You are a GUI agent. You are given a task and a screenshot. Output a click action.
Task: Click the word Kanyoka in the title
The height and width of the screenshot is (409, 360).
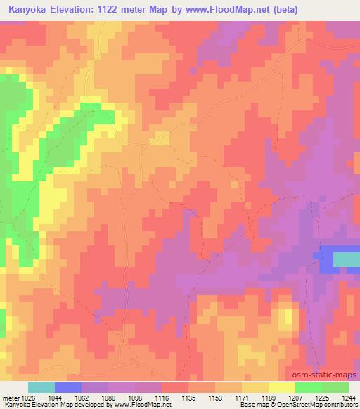pyautogui.click(x=31, y=10)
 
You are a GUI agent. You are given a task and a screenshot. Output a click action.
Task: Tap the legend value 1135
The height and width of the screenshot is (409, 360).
pyautogui.click(x=188, y=398)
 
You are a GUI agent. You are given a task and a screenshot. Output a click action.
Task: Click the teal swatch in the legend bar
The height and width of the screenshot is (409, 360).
pyautogui.click(x=41, y=387)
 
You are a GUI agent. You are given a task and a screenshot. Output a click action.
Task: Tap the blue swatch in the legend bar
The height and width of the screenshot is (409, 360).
pyautogui.click(x=68, y=387)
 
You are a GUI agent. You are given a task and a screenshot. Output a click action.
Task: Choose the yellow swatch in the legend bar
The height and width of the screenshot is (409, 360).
pyautogui.click(x=282, y=387)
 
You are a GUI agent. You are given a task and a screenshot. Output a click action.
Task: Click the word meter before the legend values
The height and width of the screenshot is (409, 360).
pyautogui.click(x=10, y=398)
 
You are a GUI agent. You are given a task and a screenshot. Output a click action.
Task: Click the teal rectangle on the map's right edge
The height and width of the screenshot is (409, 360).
pyautogui.click(x=345, y=259)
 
